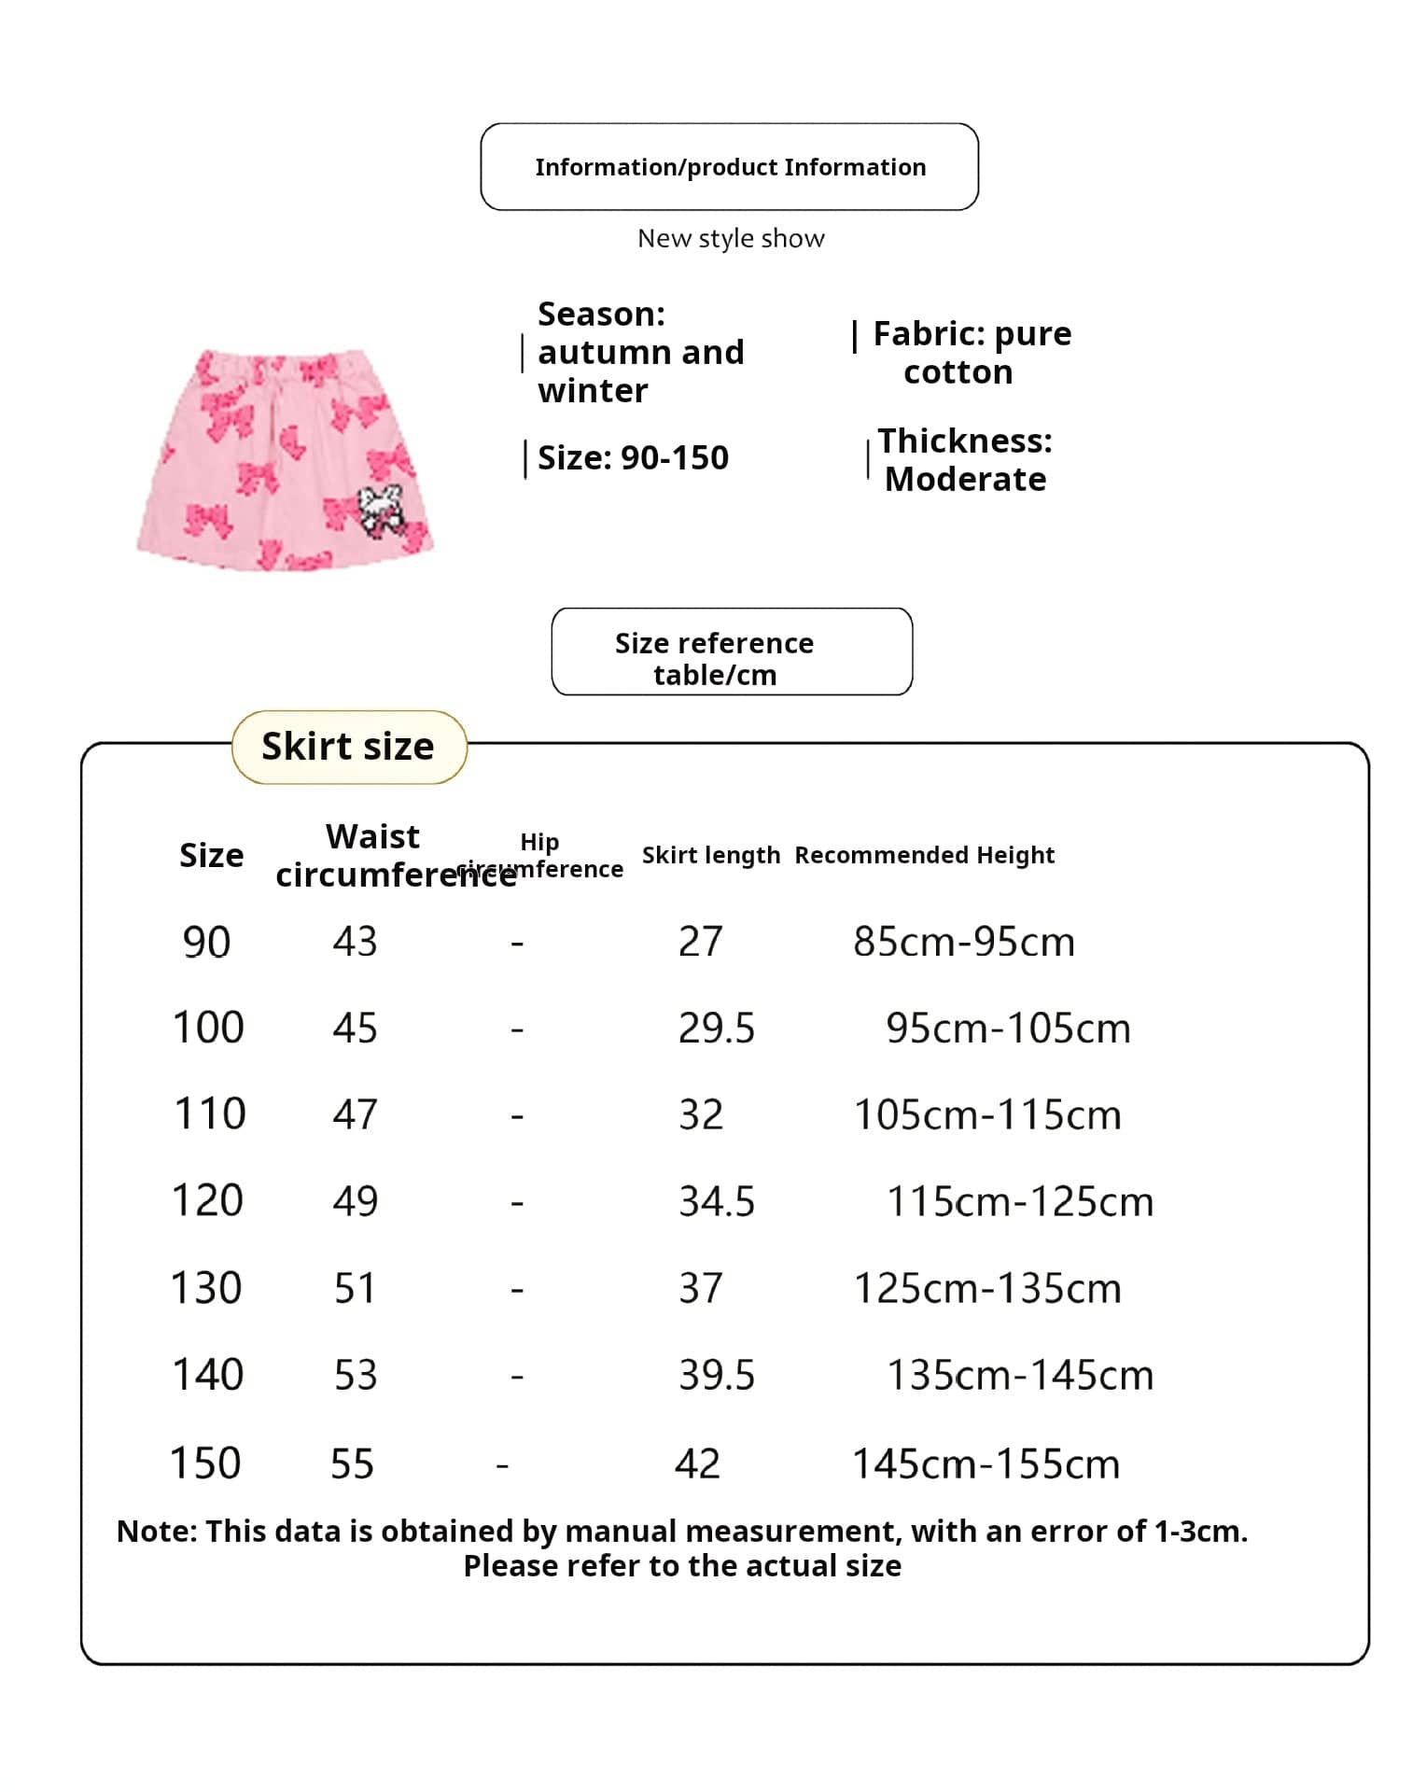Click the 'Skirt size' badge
[x=348, y=747]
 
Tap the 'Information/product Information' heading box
[x=729, y=167]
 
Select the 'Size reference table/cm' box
[x=732, y=651]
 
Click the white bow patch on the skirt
[x=381, y=509]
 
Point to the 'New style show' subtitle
[x=731, y=239]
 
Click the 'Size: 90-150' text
[x=633, y=458]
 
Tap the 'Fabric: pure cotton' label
[x=971, y=353]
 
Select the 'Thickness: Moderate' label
[x=965, y=459]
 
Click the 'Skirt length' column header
[x=710, y=855]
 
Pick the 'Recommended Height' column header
[x=924, y=855]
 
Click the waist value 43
[x=355, y=942]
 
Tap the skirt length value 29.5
[x=716, y=1029]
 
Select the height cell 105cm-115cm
[x=987, y=1115]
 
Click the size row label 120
[x=207, y=1201]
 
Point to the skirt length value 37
[x=700, y=1289]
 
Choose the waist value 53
[x=356, y=1376]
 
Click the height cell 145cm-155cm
[x=986, y=1464]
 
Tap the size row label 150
[x=205, y=1463]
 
